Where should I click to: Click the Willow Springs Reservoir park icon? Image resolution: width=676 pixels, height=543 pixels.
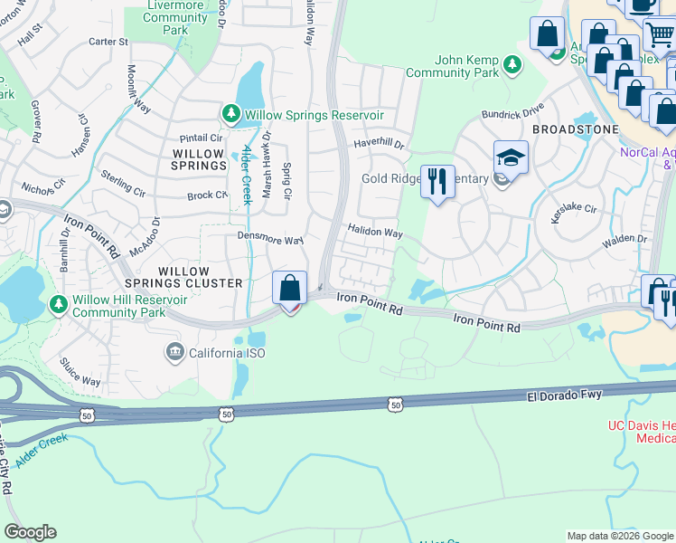231,113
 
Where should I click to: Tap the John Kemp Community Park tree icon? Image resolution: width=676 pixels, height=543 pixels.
513,63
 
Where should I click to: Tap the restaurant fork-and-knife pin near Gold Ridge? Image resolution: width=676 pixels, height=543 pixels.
437,181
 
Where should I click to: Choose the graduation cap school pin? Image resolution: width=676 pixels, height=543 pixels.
511,157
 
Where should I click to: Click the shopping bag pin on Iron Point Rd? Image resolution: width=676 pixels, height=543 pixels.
290,289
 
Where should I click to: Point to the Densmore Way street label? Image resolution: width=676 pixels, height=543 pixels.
269,241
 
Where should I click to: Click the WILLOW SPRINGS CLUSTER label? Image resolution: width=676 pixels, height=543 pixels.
201,277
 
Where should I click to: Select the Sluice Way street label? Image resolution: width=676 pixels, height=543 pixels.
81,376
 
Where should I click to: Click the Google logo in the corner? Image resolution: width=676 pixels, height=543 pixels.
30,532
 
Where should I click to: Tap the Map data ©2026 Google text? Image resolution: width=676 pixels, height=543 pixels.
619,536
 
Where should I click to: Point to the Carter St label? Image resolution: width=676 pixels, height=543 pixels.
108,42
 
